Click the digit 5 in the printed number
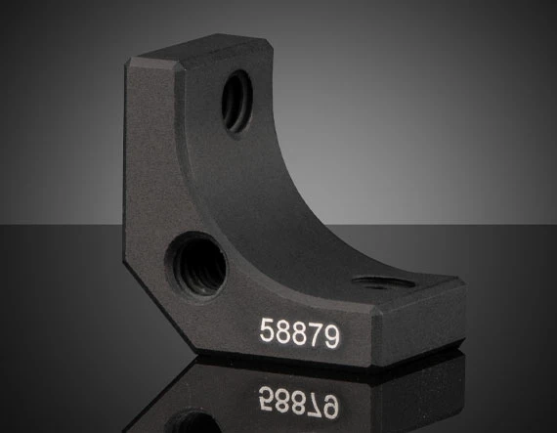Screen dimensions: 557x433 coord(267,330)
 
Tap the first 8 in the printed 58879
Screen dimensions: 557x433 coord(283,331)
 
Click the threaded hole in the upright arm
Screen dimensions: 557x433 coord(237,101)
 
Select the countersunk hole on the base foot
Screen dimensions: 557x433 coord(384,283)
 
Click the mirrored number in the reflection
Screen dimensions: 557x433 coord(299,401)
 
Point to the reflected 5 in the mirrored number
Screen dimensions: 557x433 coord(267,398)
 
